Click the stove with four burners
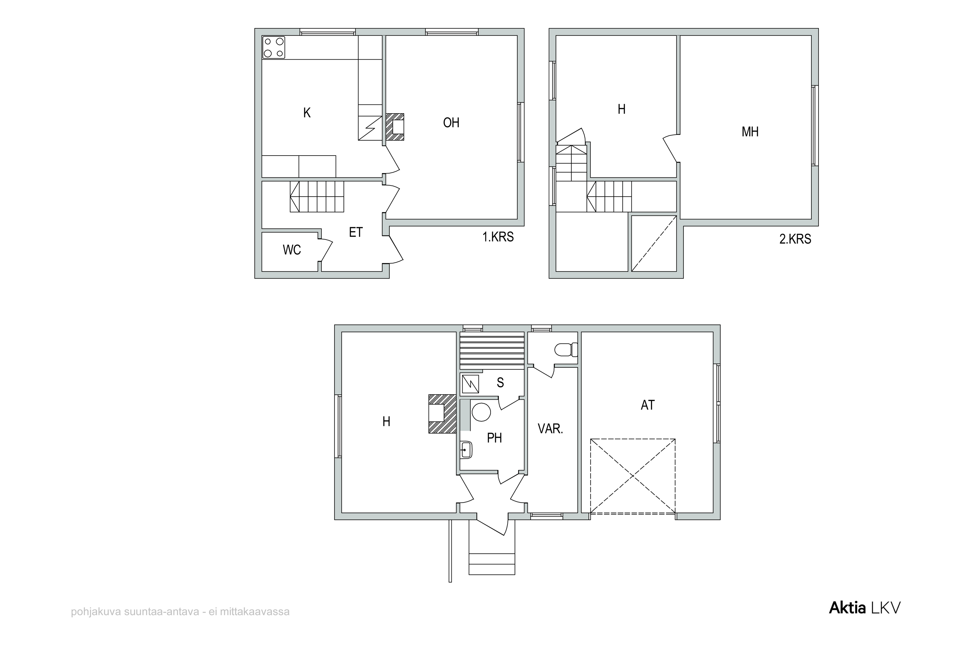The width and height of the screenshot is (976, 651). [274, 47]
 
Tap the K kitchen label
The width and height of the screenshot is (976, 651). [307, 113]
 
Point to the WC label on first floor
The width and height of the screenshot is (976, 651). [292, 250]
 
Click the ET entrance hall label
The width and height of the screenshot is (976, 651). [356, 232]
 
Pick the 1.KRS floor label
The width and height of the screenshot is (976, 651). [498, 237]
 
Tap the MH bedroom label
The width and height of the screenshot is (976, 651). [750, 132]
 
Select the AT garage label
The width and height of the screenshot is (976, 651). [648, 405]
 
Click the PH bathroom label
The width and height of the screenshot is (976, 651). [494, 437]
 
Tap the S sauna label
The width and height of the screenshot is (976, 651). [500, 383]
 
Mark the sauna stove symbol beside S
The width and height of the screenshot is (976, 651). [470, 384]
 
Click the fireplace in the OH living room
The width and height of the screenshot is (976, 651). [395, 127]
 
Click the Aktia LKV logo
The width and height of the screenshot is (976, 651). [865, 608]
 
